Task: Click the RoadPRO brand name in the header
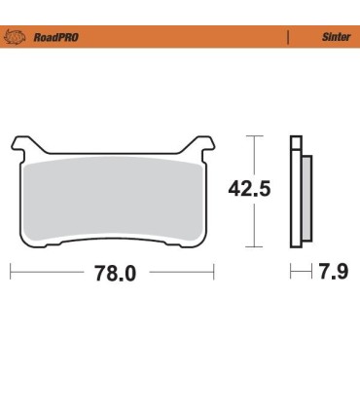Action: (x=56, y=36)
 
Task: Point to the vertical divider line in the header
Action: (x=288, y=36)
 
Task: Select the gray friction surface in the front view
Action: (x=114, y=200)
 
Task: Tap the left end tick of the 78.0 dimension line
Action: (x=11, y=274)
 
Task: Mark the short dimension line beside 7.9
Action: (x=298, y=274)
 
